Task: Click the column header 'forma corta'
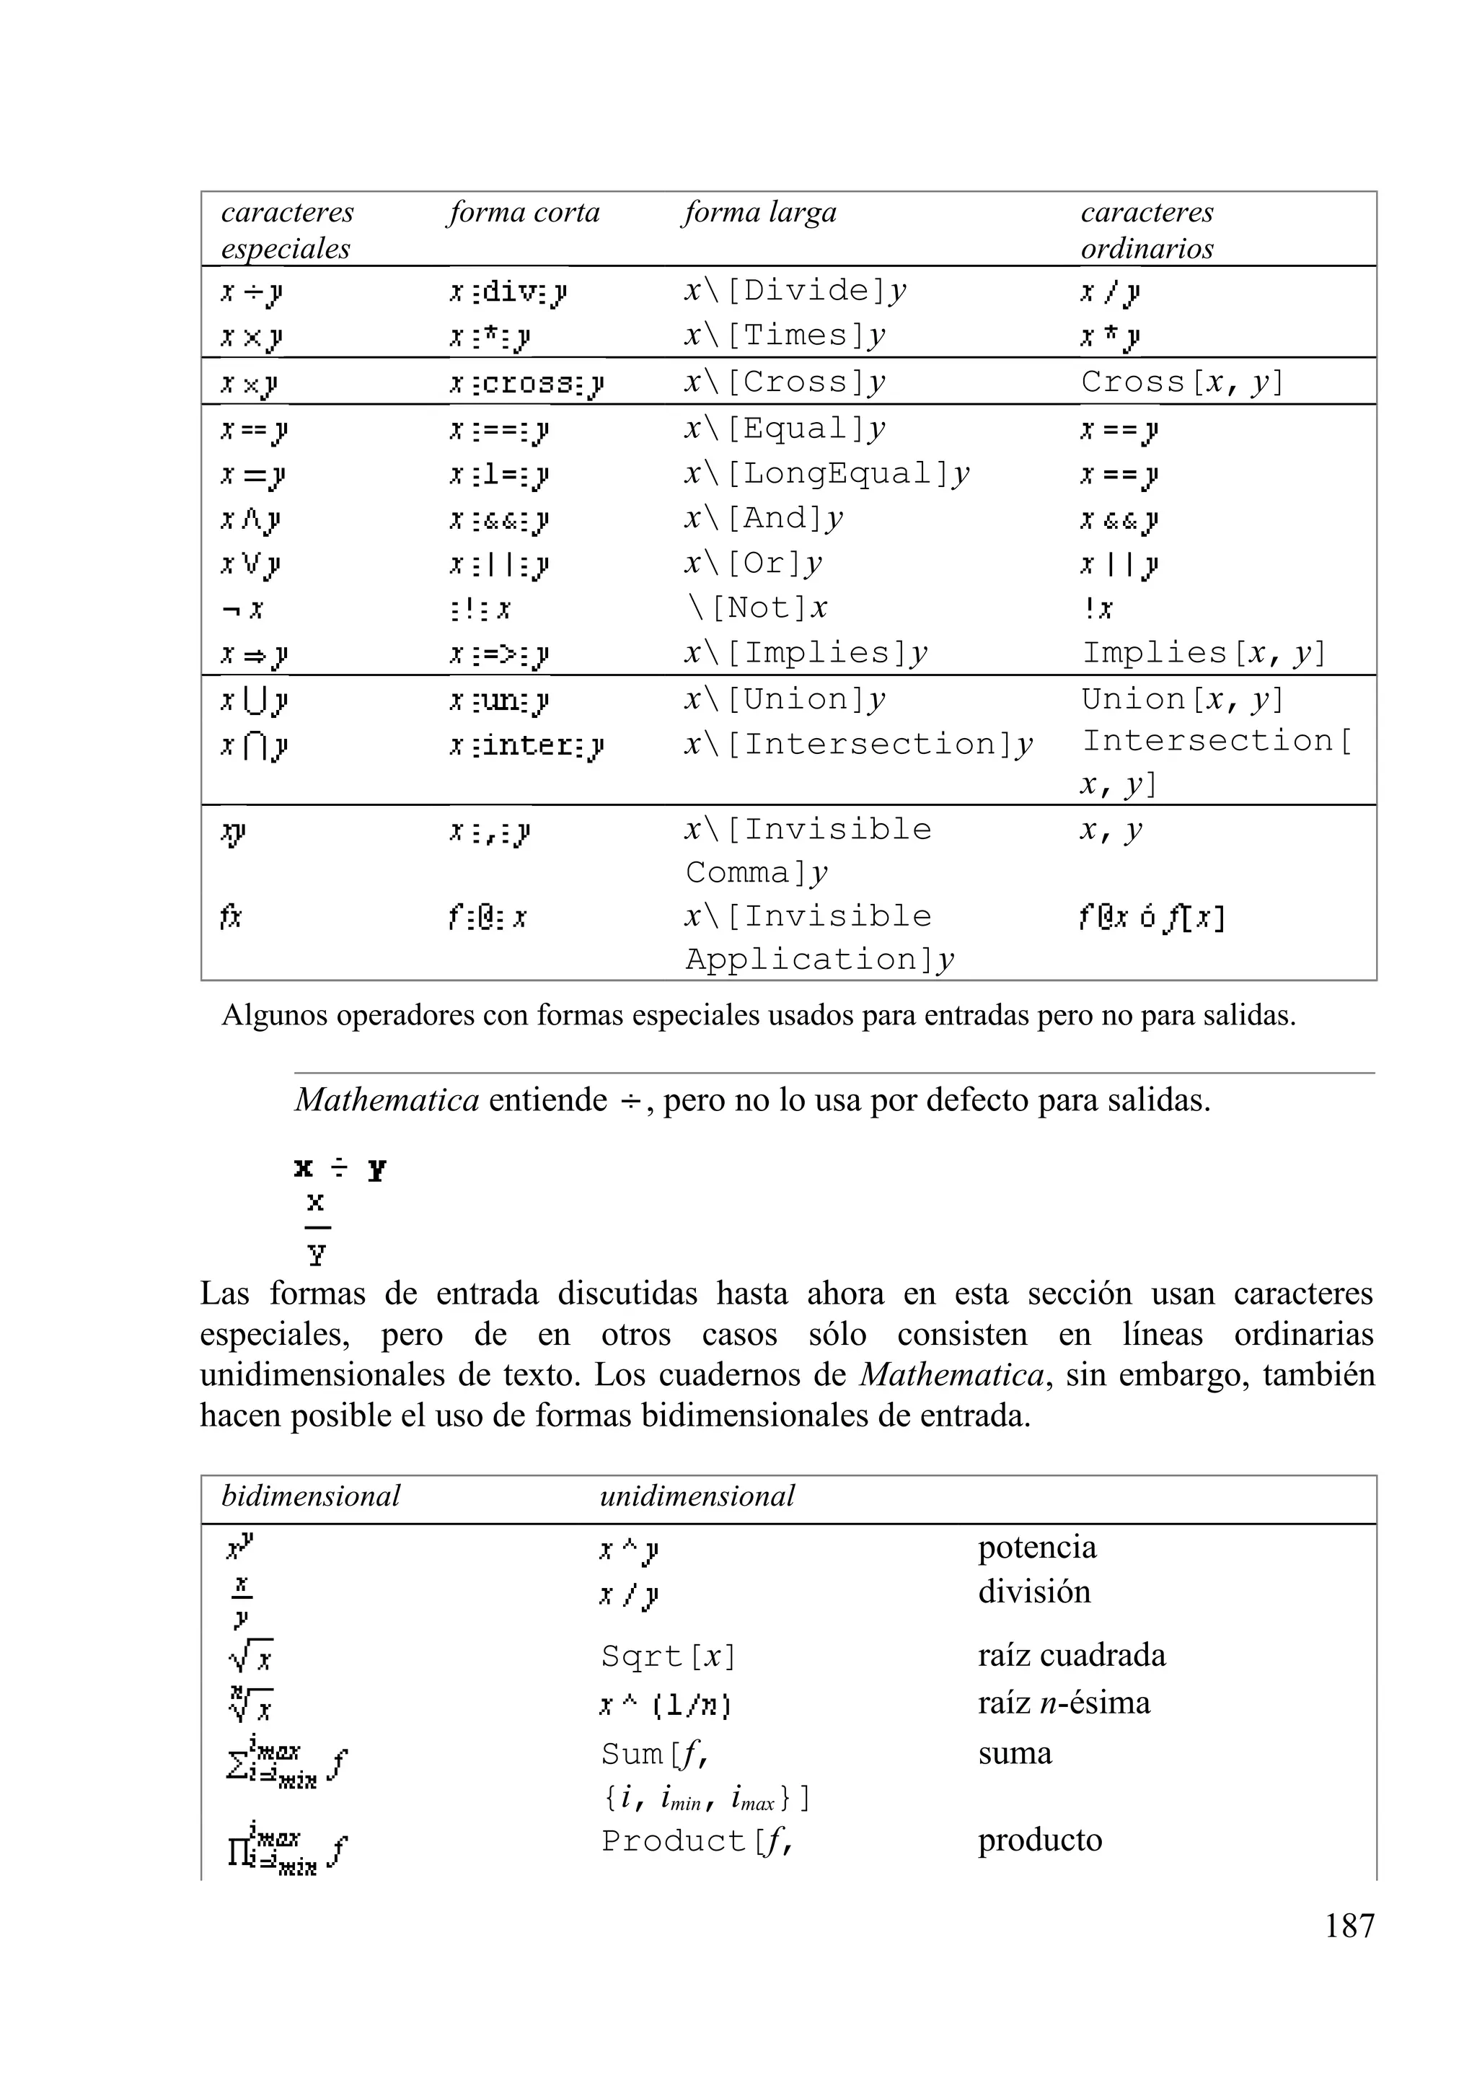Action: click(523, 212)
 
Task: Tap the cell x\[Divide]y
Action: click(795, 291)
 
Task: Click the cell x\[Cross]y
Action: click(785, 382)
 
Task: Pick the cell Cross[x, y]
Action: click(1182, 382)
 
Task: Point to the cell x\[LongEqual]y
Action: click(826, 474)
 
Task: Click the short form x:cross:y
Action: click(526, 385)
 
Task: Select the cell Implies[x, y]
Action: click(1204, 653)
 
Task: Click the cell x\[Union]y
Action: click(785, 699)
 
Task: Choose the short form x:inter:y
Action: click(526, 747)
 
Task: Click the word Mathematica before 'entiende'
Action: click(387, 1100)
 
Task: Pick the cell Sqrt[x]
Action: click(668, 1657)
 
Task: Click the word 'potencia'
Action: click(1037, 1548)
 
